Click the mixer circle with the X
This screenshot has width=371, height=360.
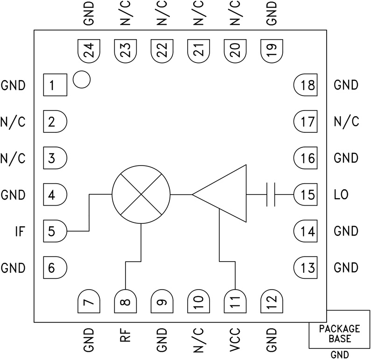tap(141, 194)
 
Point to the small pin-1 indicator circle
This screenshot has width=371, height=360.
tap(82, 80)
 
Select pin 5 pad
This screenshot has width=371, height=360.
tap(55, 231)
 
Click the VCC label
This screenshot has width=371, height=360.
tap(235, 339)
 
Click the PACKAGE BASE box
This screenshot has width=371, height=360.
tap(339, 333)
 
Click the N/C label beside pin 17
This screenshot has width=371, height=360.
tap(346, 122)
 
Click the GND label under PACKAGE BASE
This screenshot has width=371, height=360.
tap(339, 355)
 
